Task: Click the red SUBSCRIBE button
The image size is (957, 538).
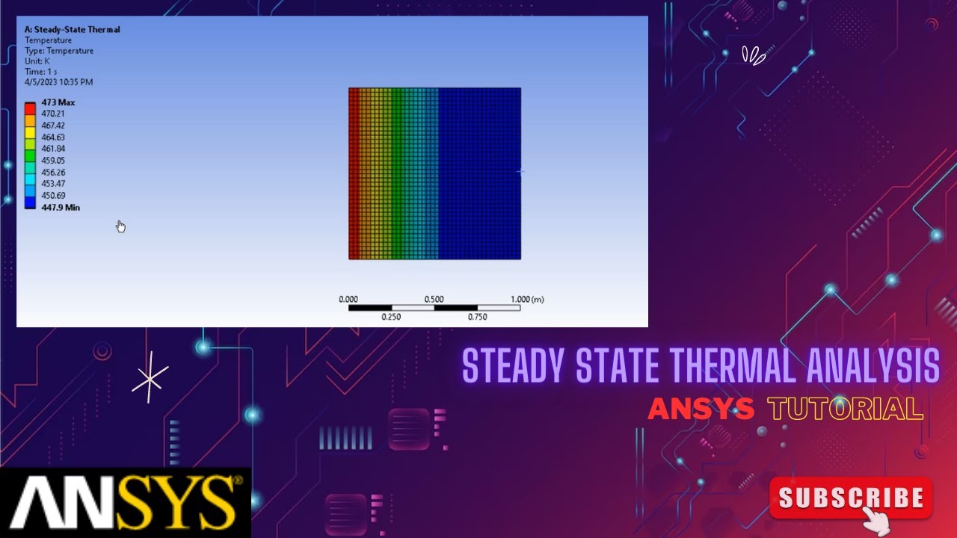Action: tap(851, 498)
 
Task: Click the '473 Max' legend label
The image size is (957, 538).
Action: tap(58, 102)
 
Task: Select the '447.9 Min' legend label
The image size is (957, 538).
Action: tap(61, 208)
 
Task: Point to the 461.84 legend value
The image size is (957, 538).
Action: tap(53, 149)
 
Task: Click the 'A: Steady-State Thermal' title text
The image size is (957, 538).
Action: tap(72, 30)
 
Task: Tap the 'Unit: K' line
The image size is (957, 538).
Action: tap(37, 61)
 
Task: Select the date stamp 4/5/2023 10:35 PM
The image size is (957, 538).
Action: tap(58, 82)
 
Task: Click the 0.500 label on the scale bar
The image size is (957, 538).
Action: tap(434, 300)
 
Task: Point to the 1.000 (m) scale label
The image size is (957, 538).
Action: tap(527, 300)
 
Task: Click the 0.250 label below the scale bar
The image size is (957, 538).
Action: tap(391, 317)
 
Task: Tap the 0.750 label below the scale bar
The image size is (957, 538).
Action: tap(478, 317)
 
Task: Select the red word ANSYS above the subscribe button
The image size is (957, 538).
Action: tap(701, 409)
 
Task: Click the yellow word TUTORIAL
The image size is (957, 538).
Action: tap(845, 409)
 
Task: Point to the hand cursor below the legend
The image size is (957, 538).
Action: tap(120, 226)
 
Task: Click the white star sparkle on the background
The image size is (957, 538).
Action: tap(150, 379)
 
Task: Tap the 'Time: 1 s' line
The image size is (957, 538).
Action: tap(41, 72)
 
